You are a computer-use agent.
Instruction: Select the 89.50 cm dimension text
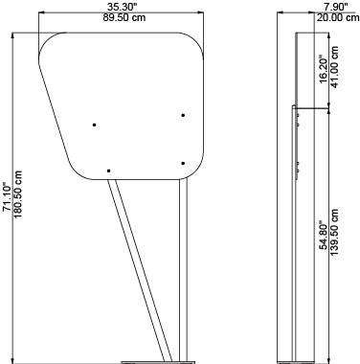124,17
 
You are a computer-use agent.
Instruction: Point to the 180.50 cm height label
18,194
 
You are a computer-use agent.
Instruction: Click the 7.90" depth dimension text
335,7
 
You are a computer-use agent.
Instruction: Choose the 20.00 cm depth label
338,17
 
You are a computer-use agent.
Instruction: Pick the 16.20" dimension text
323,71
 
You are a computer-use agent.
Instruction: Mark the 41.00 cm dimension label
334,67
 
